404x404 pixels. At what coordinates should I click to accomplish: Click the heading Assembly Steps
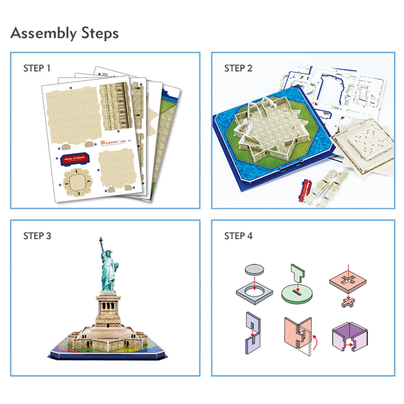pos(65,33)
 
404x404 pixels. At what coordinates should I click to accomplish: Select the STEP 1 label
pos(37,68)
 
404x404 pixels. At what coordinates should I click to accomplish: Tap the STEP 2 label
pos(238,68)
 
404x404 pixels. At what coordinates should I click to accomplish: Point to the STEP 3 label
pos(37,236)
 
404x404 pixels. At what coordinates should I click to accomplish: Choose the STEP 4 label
pos(238,236)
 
